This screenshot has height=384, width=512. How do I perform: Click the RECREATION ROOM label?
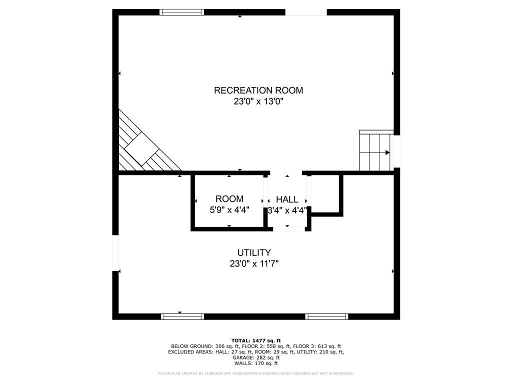[258, 90]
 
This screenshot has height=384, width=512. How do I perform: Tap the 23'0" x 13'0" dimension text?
[258, 102]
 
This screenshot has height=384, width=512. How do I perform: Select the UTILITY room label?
[254, 252]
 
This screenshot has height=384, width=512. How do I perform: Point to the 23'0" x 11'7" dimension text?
[254, 264]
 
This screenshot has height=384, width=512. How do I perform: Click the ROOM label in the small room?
[229, 199]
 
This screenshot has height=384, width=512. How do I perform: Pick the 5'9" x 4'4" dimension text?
[229, 210]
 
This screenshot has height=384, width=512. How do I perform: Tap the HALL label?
[287, 199]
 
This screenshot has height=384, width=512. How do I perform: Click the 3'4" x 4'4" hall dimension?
[287, 210]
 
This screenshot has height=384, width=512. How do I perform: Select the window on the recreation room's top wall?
[181, 12]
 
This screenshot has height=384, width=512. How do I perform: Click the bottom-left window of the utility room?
[182, 316]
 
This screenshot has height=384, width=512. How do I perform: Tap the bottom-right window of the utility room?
[327, 316]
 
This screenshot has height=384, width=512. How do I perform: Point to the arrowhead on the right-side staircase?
[387, 152]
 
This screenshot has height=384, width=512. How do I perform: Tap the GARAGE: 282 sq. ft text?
[256, 357]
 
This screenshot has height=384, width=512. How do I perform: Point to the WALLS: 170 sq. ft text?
[256, 363]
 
